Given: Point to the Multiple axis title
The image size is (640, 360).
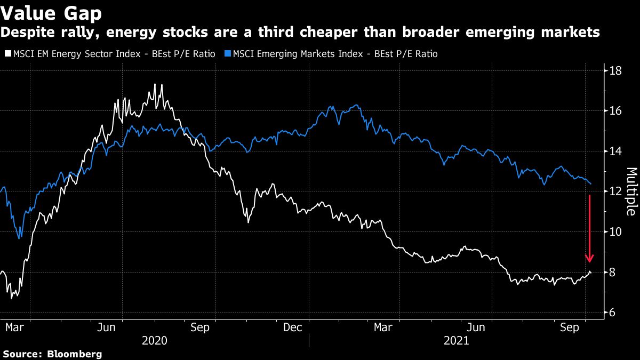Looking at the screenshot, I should pyautogui.click(x=631, y=191).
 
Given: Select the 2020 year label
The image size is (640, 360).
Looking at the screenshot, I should pyautogui.click(x=155, y=340).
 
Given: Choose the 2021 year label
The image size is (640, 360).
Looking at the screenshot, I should pyautogui.click(x=456, y=340).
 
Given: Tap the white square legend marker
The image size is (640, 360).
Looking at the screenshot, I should pyautogui.click(x=7, y=54).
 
